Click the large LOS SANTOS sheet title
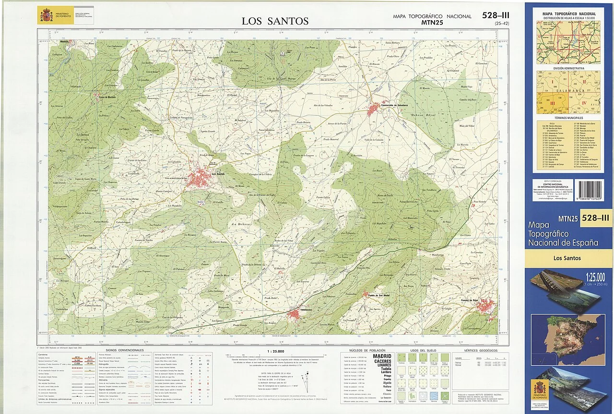pos(275,21)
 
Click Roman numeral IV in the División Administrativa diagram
pos(584,102)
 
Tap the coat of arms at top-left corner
pos(46,16)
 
